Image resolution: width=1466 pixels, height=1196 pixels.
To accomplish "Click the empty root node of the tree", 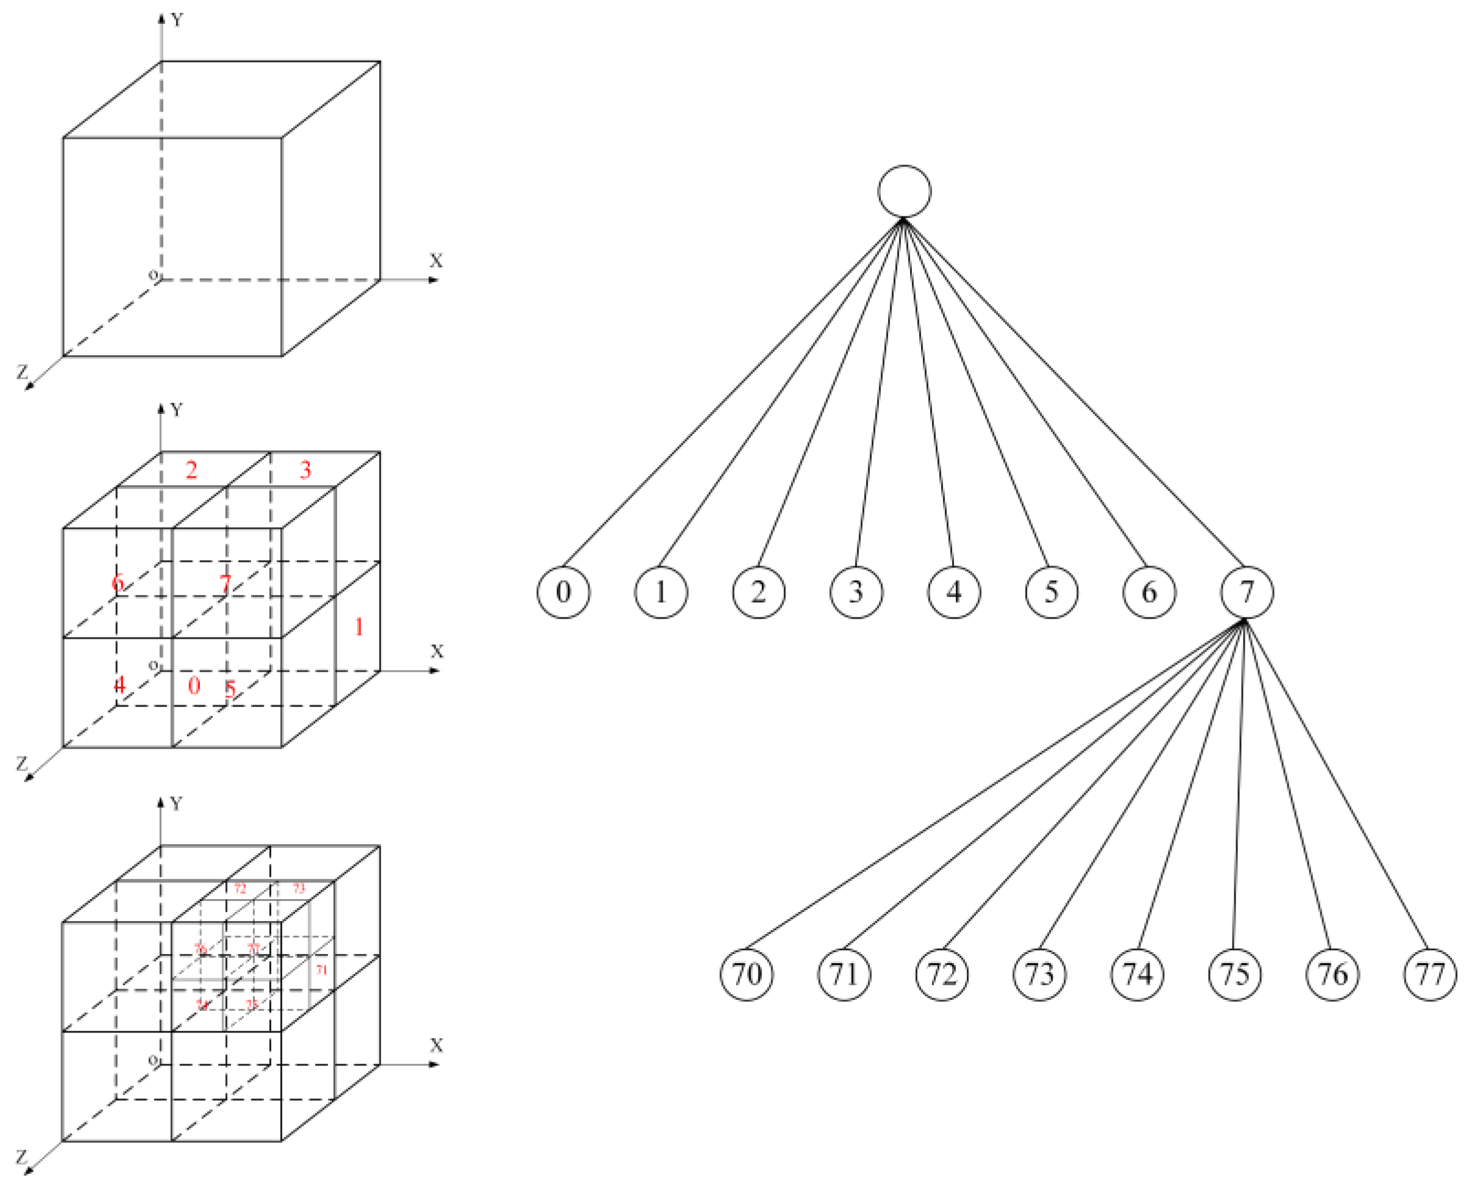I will click(x=904, y=191).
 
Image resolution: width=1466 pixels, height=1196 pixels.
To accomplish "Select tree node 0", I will click(x=563, y=592).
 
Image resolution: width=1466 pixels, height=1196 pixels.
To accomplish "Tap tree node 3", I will click(x=856, y=592).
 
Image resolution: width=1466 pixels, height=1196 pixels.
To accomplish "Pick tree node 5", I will click(x=1051, y=592).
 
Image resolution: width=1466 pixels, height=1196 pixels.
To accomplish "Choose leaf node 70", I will click(x=746, y=974).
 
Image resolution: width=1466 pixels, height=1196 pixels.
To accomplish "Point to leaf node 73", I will click(x=1039, y=974).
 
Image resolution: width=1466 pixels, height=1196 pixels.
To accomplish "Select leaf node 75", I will click(x=1234, y=974).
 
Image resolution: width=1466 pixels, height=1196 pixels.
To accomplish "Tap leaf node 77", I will click(x=1430, y=974).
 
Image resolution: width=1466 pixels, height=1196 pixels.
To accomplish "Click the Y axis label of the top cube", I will click(x=178, y=20).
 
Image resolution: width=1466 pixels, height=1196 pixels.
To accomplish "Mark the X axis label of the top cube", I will click(x=436, y=261).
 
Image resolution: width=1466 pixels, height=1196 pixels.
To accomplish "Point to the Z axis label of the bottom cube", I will click(x=22, y=1157).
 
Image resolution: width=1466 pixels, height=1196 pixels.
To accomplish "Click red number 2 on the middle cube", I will click(x=191, y=470).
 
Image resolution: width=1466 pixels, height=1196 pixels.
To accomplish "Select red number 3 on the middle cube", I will click(x=305, y=470).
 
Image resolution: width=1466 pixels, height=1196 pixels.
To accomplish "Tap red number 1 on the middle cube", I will click(x=358, y=626).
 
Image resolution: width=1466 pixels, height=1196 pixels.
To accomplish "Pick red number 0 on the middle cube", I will click(x=194, y=686).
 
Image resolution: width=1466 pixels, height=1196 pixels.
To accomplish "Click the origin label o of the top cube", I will click(x=154, y=276).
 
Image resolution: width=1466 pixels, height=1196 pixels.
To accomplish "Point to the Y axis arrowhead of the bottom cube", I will click(x=160, y=803).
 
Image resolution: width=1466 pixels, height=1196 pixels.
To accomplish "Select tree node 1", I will click(x=661, y=592).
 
